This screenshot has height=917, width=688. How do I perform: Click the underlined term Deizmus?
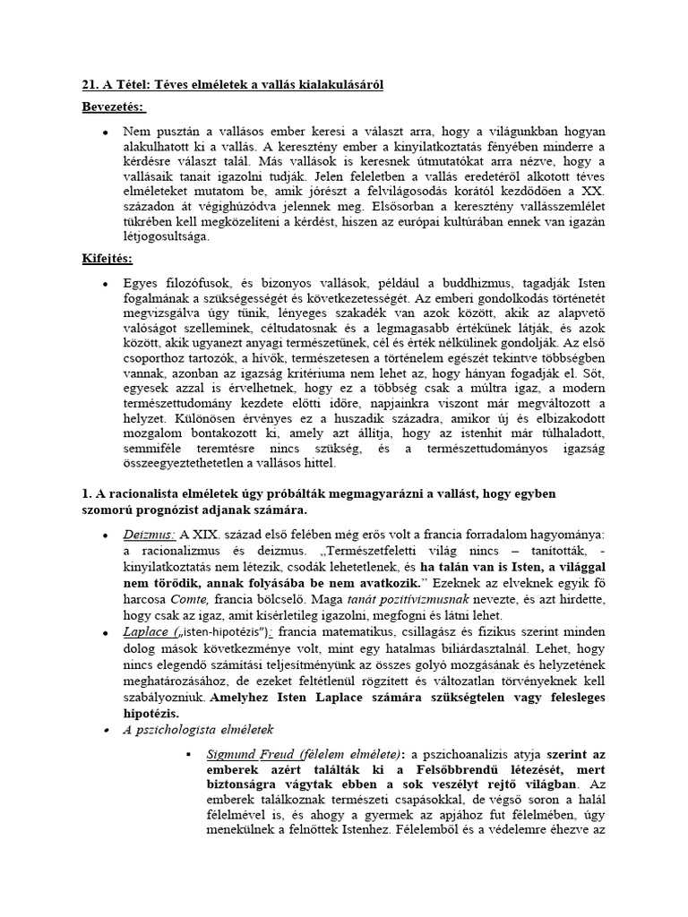tap(150, 534)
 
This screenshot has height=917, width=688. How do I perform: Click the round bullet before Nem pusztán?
tap(107, 131)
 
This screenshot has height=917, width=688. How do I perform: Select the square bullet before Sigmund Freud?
tap(189, 755)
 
